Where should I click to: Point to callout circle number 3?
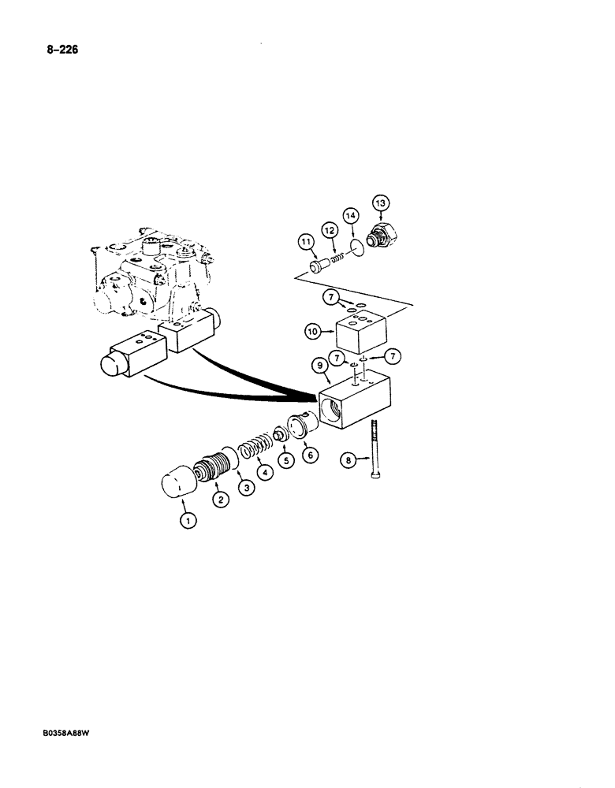[x=247, y=489]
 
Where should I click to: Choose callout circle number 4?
[x=266, y=473]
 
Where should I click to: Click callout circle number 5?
[x=285, y=463]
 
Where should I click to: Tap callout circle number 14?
[x=350, y=214]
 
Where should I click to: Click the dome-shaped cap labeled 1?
[x=181, y=481]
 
